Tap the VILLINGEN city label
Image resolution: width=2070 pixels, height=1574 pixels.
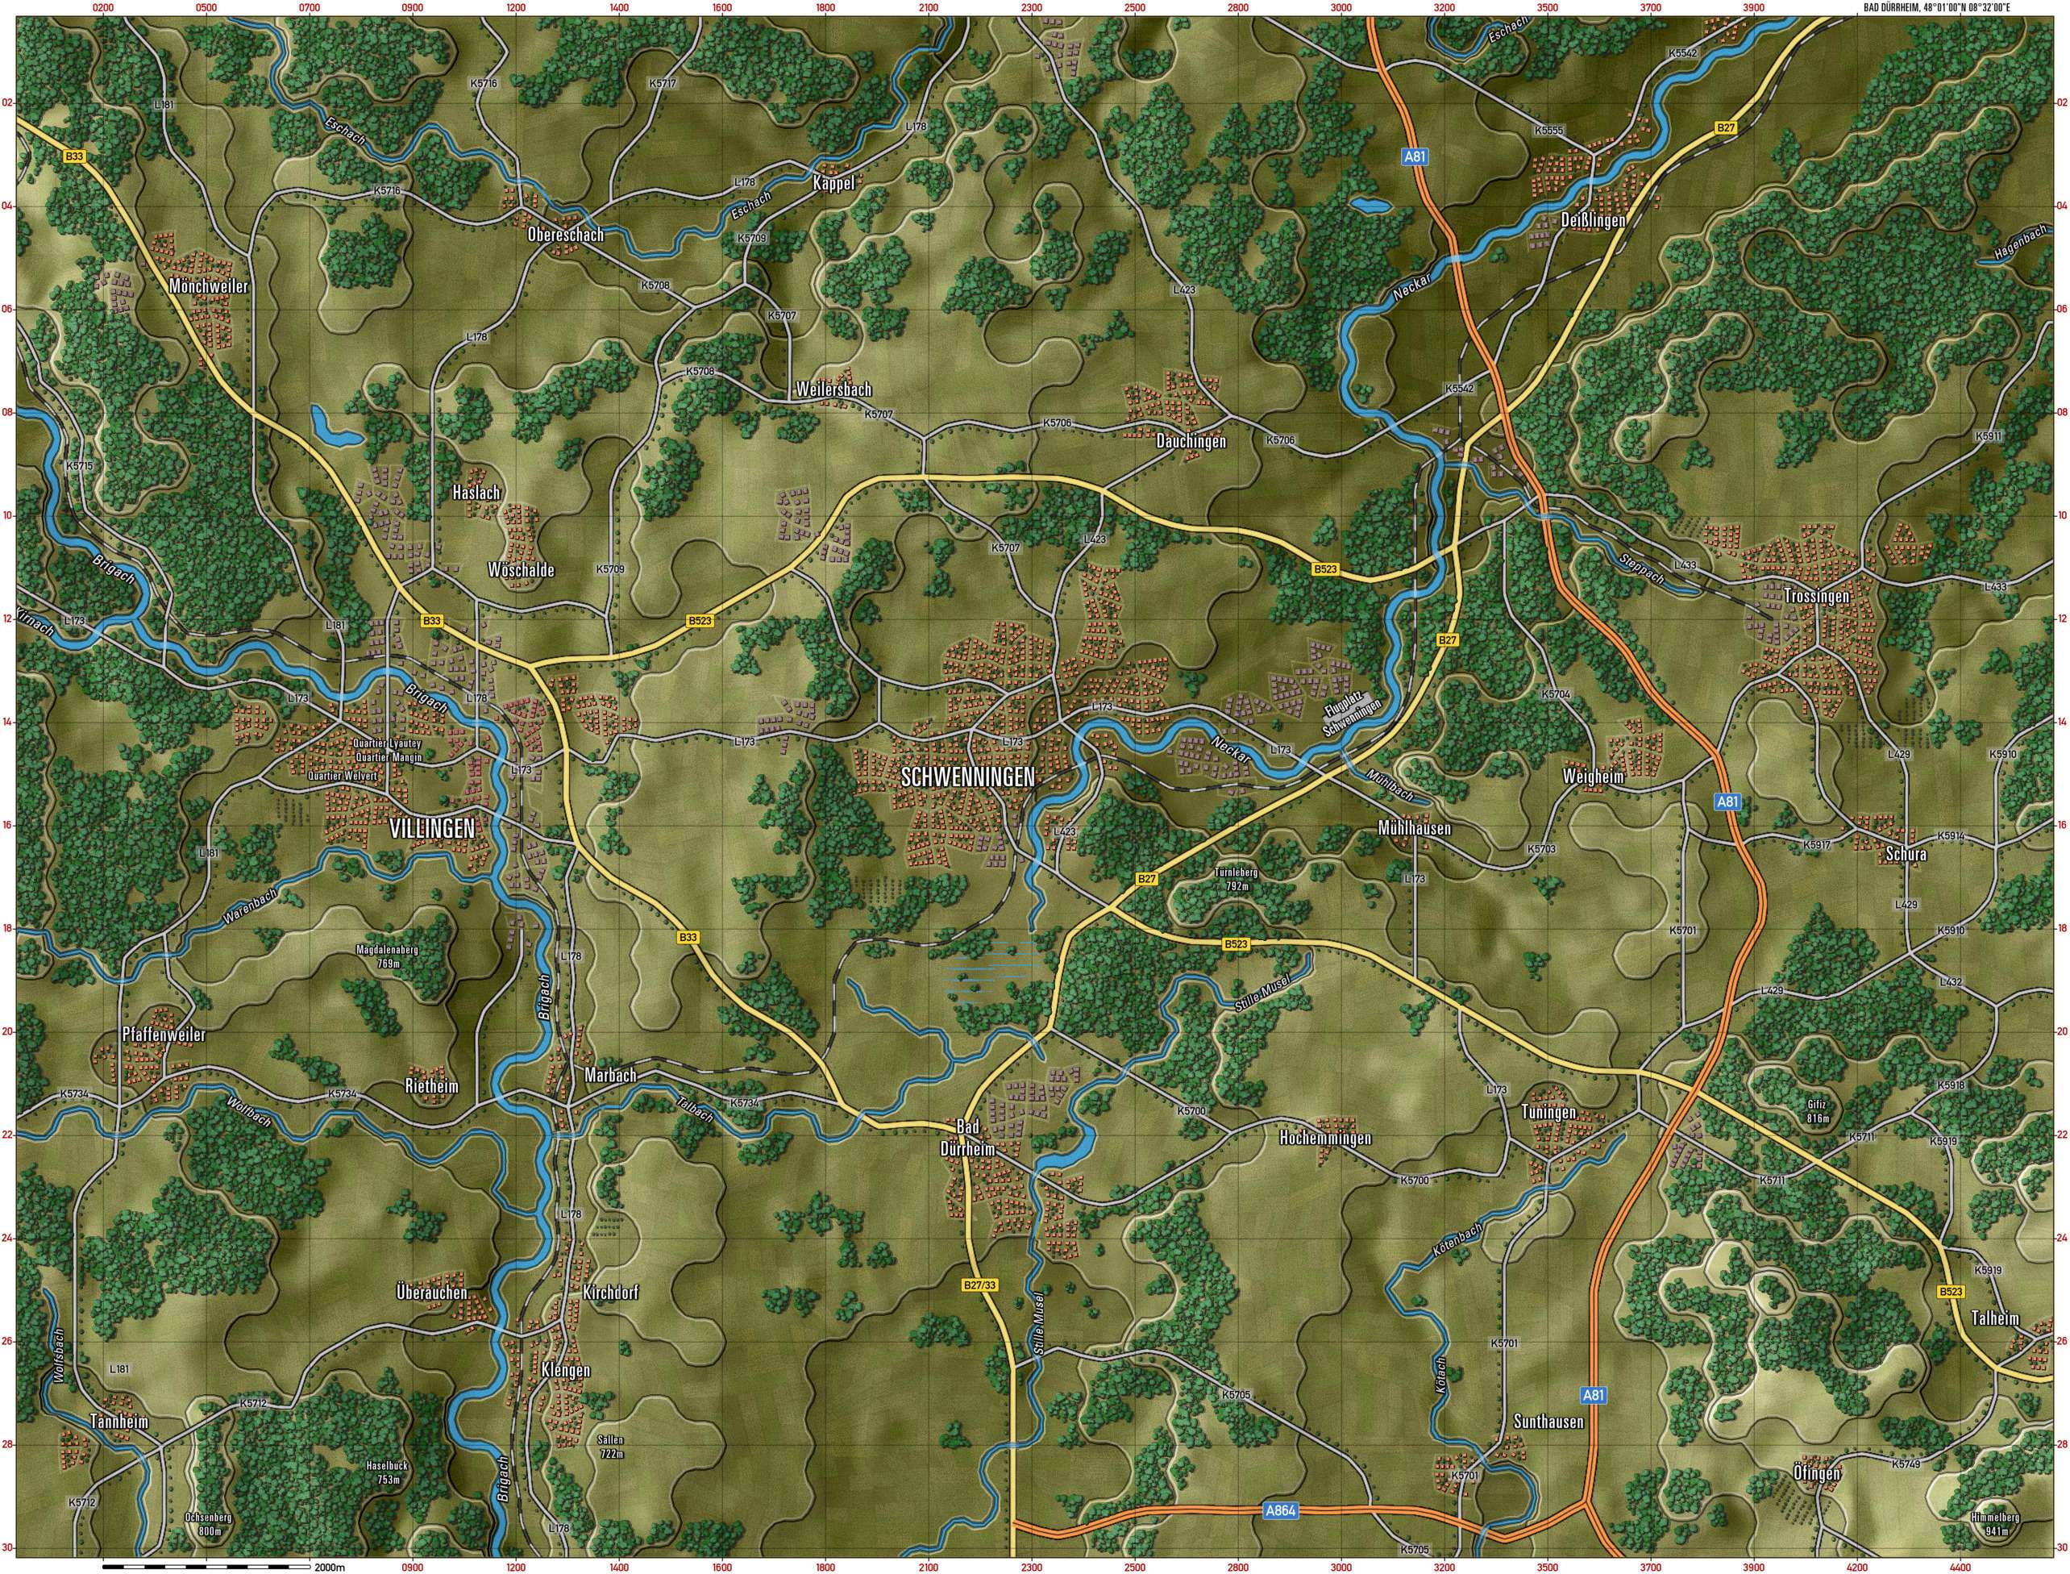(432, 828)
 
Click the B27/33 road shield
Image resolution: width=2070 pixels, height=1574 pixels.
(979, 1286)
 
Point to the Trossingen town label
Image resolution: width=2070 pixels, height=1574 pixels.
(1816, 596)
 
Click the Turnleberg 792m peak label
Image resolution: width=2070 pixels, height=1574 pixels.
(1236, 879)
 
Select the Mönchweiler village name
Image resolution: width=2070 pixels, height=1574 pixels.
(208, 285)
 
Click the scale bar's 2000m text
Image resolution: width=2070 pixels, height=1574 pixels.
(330, 1567)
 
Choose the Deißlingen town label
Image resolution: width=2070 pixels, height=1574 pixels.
(1592, 219)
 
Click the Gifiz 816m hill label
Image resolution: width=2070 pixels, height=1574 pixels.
(1817, 1110)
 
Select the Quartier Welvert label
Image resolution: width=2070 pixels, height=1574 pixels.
(343, 776)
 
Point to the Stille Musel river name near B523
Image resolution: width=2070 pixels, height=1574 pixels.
(1262, 992)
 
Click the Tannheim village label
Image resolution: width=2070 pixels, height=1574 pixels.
(119, 1422)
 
